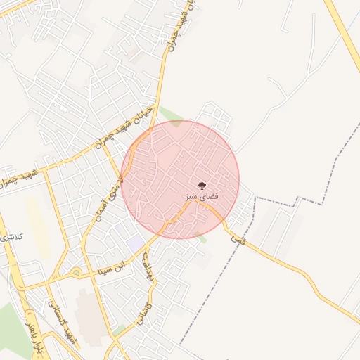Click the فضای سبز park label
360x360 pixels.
[x=202, y=197]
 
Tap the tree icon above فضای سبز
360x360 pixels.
[x=202, y=186]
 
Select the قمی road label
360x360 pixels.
[x=234, y=239]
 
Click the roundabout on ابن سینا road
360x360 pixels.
[x=75, y=271]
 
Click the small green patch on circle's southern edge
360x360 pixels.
[x=202, y=238]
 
